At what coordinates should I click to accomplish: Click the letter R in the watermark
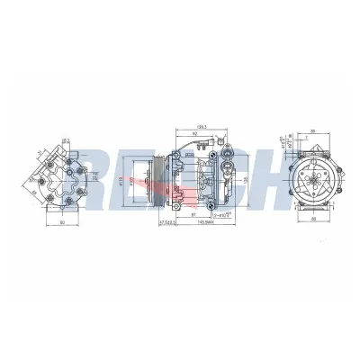[107, 177]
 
